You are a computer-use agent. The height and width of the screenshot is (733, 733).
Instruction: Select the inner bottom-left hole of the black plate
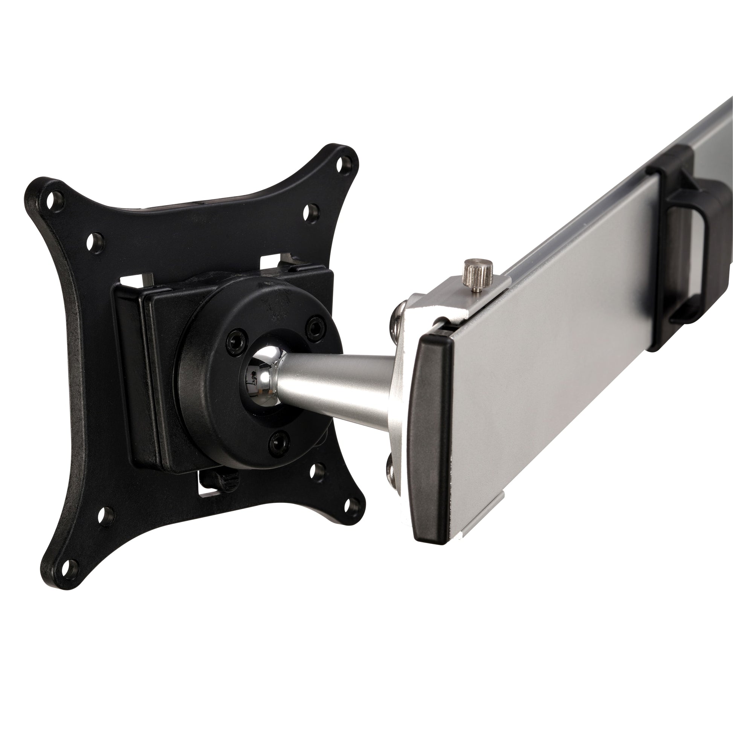coord(107,516)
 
